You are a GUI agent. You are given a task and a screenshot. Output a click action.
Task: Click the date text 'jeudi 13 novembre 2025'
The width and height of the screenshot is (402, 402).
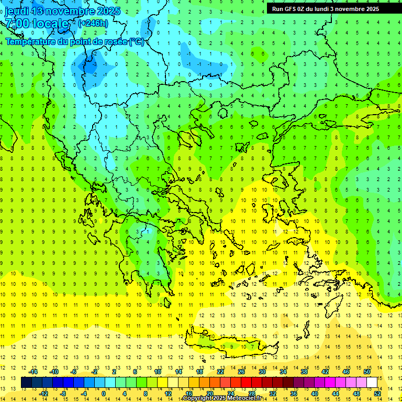62,11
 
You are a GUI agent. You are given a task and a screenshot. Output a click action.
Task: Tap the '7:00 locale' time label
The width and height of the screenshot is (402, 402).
37,24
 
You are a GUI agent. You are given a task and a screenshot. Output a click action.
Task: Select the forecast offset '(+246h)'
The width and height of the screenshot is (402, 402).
93,23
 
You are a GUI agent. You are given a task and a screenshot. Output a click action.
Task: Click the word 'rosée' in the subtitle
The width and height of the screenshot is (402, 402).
115,41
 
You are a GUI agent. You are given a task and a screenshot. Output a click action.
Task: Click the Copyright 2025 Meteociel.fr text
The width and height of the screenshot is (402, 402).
222,398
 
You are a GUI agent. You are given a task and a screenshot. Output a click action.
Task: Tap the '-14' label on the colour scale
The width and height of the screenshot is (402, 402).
33,372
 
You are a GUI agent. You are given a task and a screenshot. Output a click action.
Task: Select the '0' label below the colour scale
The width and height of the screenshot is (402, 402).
103,393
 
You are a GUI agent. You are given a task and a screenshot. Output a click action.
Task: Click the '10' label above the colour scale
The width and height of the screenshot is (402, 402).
157,372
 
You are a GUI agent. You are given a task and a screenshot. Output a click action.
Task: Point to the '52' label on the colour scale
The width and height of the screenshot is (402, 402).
377,393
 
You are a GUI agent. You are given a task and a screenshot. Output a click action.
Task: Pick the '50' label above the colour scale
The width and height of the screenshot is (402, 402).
366,372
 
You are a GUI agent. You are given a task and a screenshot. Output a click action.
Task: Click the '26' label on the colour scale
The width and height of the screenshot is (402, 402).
241,372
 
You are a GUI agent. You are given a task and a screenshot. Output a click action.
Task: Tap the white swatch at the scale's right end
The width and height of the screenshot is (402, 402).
372,382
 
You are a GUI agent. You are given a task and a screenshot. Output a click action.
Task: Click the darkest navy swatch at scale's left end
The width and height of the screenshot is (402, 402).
26,382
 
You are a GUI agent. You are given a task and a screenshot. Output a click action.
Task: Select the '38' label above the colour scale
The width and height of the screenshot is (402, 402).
304,372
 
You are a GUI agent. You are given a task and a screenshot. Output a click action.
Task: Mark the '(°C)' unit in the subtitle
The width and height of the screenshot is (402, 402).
137,41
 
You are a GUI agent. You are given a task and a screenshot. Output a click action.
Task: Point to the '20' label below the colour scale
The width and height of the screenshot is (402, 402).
209,393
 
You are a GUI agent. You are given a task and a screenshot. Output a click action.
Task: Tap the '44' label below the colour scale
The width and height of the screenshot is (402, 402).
335,393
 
